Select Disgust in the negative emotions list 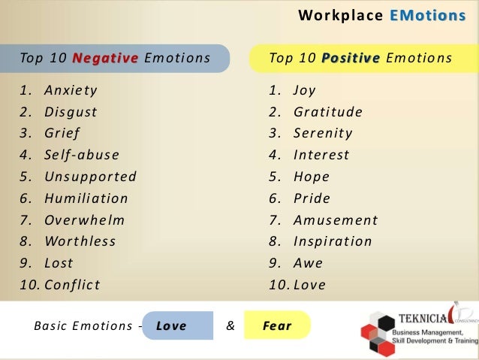tap(71, 113)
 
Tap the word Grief tap(62, 134)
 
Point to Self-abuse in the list tap(81, 156)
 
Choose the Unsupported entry tap(90, 177)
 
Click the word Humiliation tap(86, 198)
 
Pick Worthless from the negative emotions tap(80, 242)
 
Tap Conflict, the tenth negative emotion tap(72, 285)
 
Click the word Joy tap(304, 91)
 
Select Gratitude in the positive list tap(327, 113)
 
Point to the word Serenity tap(323, 134)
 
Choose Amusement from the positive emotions tap(335, 220)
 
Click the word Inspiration tap(333, 242)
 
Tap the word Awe tap(308, 263)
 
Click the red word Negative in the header tap(106, 58)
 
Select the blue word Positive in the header tap(351, 58)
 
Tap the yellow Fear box tap(277, 326)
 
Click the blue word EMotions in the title tap(428, 16)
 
